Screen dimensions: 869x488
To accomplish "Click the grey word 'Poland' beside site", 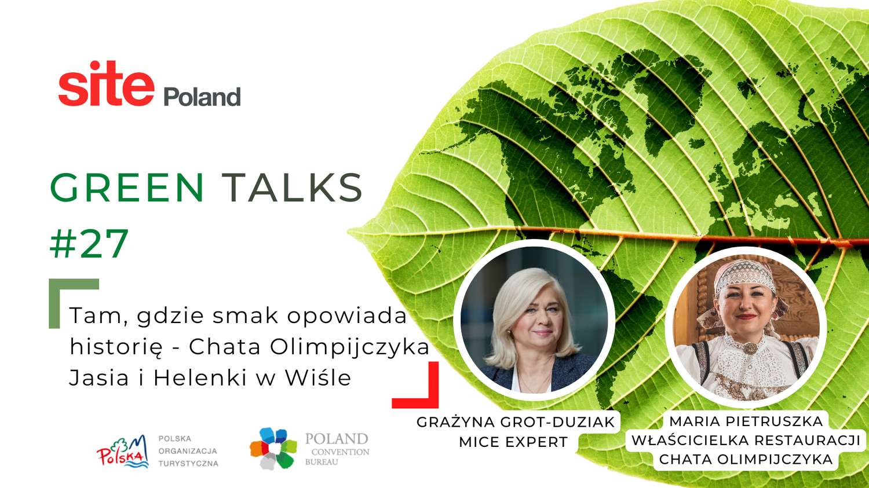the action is pyautogui.click(x=202, y=97).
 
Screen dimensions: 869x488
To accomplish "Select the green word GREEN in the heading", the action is pyautogui.click(x=127, y=188).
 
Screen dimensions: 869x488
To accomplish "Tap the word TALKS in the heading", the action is pyautogui.click(x=294, y=188).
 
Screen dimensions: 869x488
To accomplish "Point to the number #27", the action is pyautogui.click(x=89, y=243).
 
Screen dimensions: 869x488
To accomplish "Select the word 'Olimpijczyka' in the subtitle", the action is pyautogui.click(x=350, y=347).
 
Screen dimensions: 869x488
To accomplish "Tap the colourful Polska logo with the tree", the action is pyautogui.click(x=123, y=451).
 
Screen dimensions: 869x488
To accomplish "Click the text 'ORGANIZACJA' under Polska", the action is pyautogui.click(x=188, y=451).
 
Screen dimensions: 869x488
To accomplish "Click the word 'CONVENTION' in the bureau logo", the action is pyautogui.click(x=341, y=452).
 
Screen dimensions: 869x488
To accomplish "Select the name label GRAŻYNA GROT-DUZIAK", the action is pyautogui.click(x=516, y=422).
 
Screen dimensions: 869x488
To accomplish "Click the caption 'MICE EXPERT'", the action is pyautogui.click(x=513, y=442).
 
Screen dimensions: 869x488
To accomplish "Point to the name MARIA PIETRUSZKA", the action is pyautogui.click(x=746, y=421).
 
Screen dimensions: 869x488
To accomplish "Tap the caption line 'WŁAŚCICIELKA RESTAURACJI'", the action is pyautogui.click(x=746, y=441).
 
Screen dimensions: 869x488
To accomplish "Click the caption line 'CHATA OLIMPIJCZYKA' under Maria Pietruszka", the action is pyautogui.click(x=746, y=459).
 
